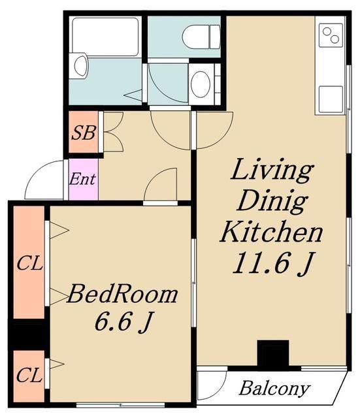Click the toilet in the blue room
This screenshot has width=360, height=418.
click(x=201, y=37)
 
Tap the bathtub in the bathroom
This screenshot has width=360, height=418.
click(x=106, y=37)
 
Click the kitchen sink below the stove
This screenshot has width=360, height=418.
click(x=331, y=99)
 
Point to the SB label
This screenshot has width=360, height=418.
click(x=84, y=133)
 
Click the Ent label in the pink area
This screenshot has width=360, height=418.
click(x=82, y=179)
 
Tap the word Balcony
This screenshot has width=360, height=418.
click(x=274, y=389)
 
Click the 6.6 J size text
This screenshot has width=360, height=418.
click(x=123, y=321)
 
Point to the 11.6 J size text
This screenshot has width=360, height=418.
click(x=272, y=263)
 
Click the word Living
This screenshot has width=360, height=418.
click(x=272, y=170)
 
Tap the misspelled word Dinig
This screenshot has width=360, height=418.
click(x=272, y=202)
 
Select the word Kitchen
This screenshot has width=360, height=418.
click(x=271, y=232)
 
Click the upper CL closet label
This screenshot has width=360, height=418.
click(x=29, y=264)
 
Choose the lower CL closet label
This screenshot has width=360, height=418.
click(x=29, y=376)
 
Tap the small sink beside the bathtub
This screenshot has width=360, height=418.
click(x=81, y=65)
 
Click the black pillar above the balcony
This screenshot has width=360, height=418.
click(x=273, y=354)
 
